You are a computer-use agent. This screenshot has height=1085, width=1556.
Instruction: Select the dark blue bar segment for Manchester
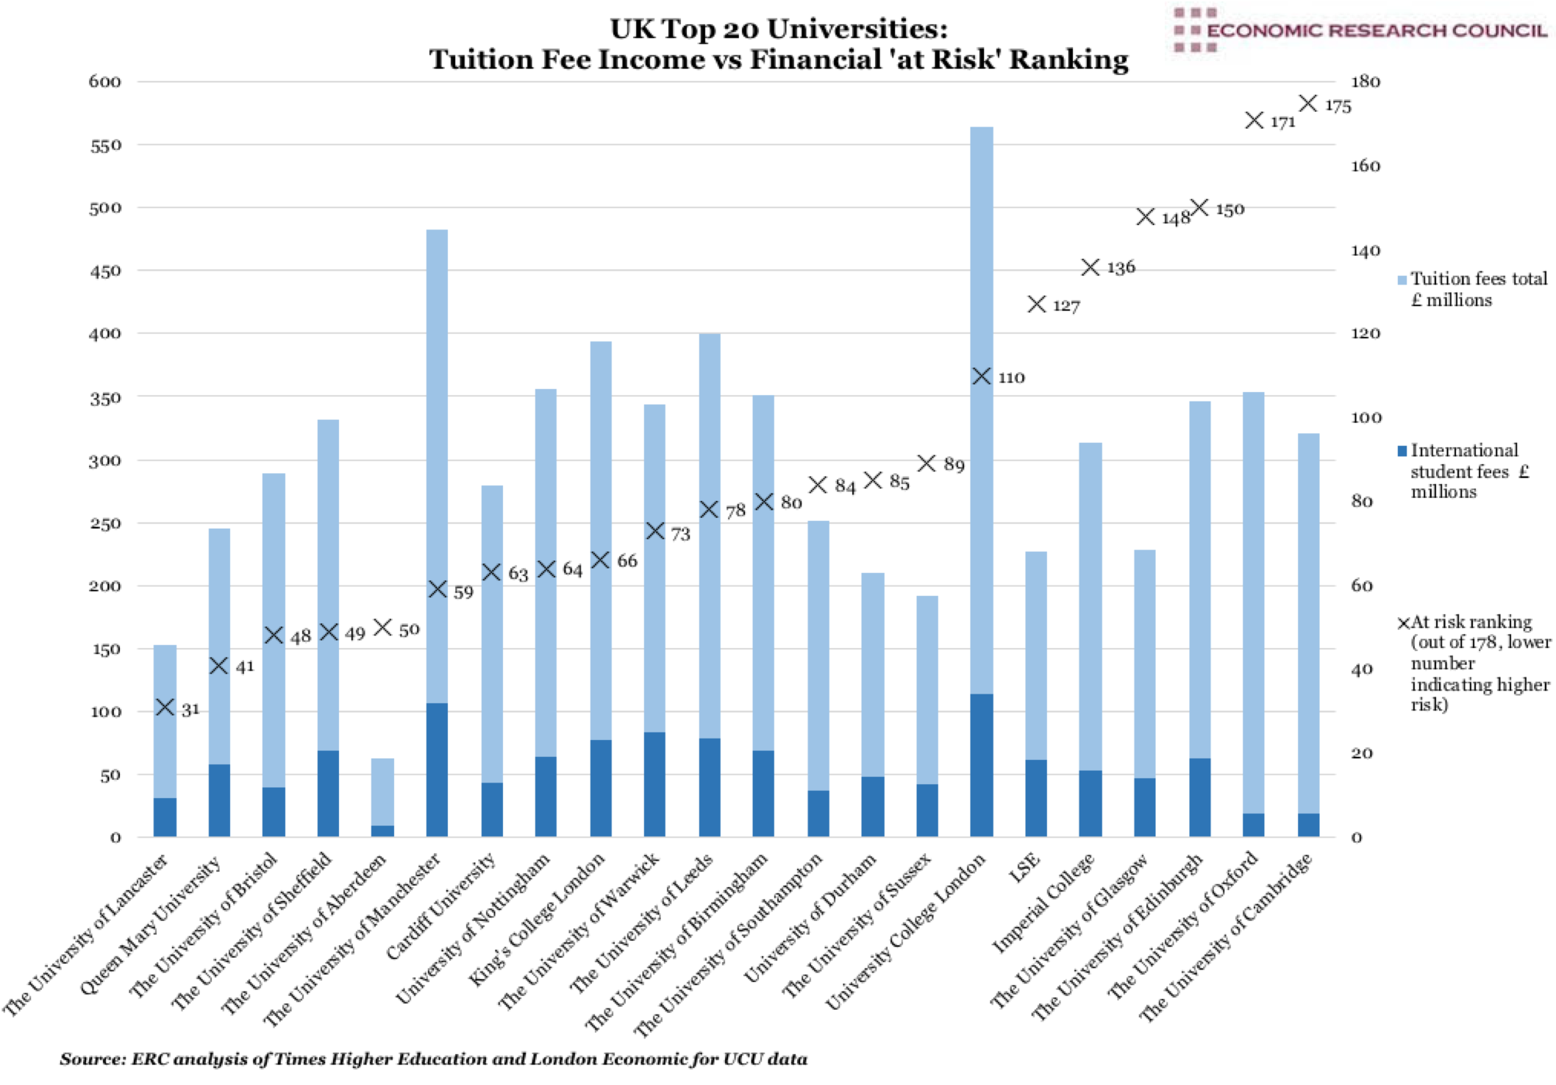click(x=437, y=769)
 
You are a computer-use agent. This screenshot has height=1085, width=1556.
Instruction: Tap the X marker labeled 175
click(x=1307, y=104)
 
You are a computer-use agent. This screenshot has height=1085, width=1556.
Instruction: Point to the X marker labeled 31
click(x=165, y=708)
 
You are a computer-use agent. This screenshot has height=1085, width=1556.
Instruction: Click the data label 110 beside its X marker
click(x=1011, y=378)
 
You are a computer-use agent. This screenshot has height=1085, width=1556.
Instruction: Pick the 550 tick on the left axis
click(x=105, y=146)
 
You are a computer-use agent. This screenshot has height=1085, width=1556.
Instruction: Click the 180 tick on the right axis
click(x=1365, y=82)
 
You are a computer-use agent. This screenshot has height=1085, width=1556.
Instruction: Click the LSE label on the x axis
click(x=1025, y=868)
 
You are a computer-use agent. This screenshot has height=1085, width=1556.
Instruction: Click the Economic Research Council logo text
click(x=1375, y=31)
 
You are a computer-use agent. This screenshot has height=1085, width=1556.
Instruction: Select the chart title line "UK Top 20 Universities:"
click(x=778, y=29)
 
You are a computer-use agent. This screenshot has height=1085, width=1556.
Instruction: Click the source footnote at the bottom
click(x=434, y=1059)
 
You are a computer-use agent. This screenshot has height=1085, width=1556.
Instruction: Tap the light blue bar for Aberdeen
click(x=382, y=791)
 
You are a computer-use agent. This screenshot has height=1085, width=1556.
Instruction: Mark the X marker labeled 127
click(x=1036, y=304)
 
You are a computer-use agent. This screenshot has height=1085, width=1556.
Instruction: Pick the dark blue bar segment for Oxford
click(x=1253, y=825)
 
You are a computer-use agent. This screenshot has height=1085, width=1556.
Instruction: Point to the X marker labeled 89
click(x=927, y=463)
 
